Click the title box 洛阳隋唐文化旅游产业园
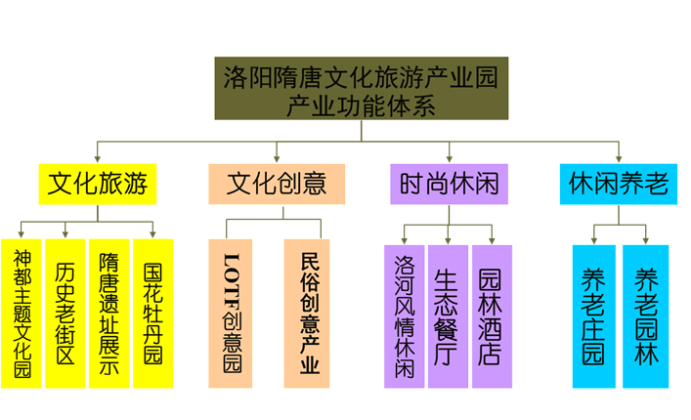[360, 88]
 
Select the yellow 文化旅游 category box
[98, 184]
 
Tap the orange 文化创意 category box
[277, 184]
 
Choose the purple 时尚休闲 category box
[450, 184]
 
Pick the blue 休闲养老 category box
[618, 184]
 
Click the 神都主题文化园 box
[22, 314]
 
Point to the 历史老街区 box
[65, 314]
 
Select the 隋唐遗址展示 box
[108, 314]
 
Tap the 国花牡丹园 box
[152, 314]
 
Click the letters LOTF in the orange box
[232, 277]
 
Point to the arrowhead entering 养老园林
[645, 237]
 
